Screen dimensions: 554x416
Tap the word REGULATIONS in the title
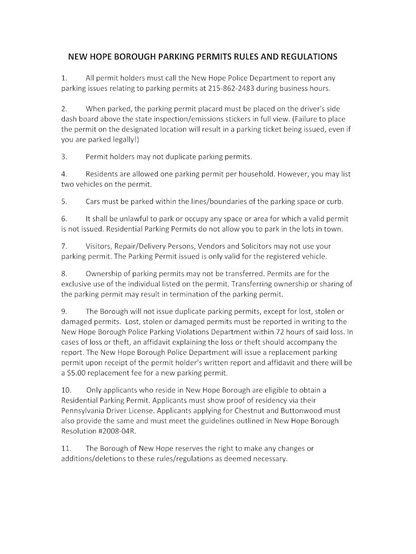(x=305, y=56)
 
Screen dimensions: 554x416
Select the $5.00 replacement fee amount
(x=77, y=373)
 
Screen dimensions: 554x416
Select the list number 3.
(x=64, y=157)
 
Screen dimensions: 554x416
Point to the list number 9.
(x=64, y=311)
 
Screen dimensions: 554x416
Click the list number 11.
(x=65, y=449)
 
